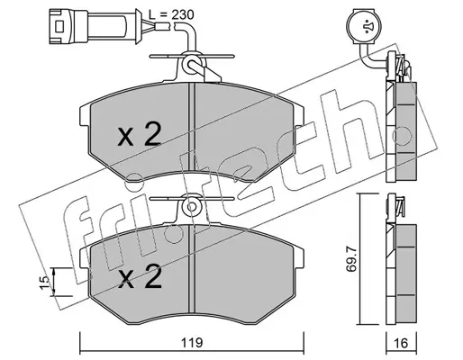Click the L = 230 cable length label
[171, 14]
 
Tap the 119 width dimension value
[192, 342]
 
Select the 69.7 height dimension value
[351, 259]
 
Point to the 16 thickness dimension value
[401, 343]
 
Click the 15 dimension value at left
[44, 283]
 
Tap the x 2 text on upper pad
[140, 134]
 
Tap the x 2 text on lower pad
[140, 276]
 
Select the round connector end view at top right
[364, 27]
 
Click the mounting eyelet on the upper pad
[191, 64]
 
